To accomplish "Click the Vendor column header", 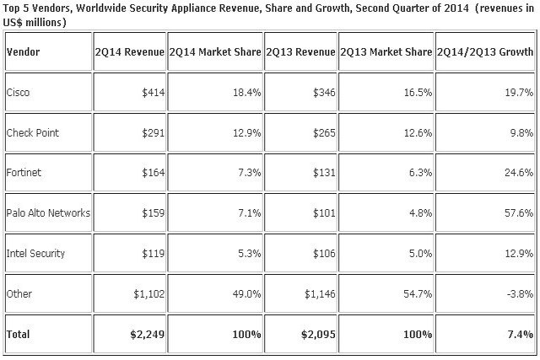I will (23, 51).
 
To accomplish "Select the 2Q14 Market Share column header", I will (215, 51).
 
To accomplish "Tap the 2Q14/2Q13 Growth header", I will (485, 51).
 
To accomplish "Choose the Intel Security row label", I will (35, 254).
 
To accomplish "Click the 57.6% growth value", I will (516, 214).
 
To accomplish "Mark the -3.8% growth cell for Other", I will (517, 293).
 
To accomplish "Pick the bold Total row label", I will (19, 334).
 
